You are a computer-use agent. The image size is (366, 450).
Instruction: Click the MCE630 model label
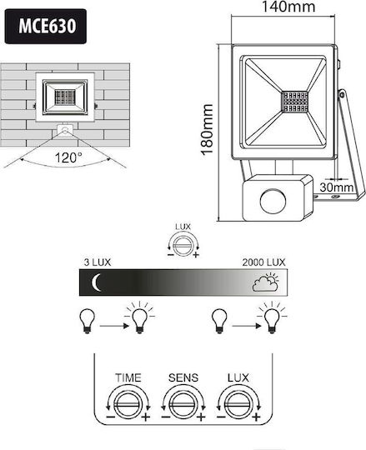48,26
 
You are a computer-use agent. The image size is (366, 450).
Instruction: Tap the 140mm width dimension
288,7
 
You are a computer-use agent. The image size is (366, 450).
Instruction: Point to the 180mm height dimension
207,130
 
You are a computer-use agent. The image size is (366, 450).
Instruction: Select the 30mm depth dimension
337,187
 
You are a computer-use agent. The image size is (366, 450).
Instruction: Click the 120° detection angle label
68,157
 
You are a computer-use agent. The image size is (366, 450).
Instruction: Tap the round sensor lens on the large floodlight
273,201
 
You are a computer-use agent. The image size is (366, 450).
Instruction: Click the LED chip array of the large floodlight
294,102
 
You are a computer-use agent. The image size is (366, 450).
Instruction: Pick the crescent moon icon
96,282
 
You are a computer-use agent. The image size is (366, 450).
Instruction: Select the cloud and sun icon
266,282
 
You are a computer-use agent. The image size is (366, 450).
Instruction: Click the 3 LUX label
97,262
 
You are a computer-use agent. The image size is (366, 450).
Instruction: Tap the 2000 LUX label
263,262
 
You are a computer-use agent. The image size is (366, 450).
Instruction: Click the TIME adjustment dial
128,404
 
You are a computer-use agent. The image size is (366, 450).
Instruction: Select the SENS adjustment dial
183,404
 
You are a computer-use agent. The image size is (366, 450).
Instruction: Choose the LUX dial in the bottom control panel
238,404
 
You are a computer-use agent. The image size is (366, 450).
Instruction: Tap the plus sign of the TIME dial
146,417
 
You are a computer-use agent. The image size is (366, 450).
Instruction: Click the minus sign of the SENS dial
166,417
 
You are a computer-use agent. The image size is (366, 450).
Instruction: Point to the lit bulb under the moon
139,317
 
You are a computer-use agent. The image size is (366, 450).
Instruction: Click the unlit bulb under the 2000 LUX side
219,321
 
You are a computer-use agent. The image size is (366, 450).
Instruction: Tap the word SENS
183,377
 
